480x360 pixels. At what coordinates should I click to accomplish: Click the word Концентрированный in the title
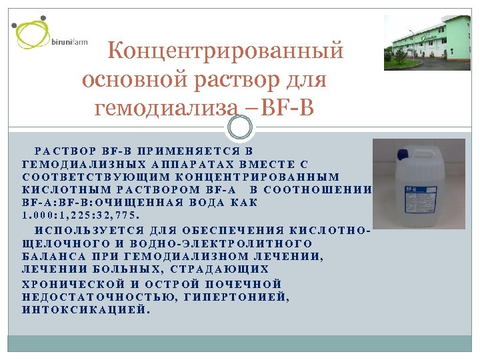pos(226,51)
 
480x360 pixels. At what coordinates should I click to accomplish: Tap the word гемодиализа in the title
pos(165,106)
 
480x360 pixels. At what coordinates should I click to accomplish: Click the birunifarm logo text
pos(69,42)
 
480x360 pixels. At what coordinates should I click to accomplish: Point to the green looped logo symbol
pos(33,33)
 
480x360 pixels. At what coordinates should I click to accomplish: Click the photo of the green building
pos(427,43)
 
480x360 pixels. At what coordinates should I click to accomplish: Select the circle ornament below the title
pos(240,127)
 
